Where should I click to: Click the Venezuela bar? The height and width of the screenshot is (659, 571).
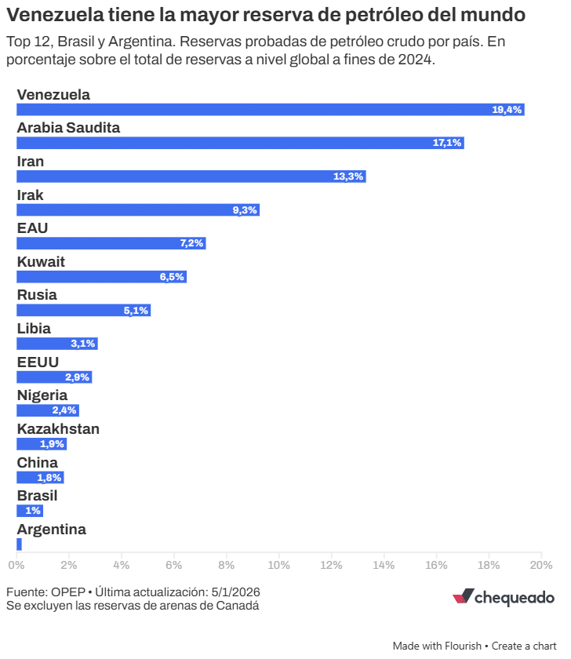271,110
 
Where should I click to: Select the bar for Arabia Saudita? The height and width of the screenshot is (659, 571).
240,143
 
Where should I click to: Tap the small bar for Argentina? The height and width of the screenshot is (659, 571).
19,544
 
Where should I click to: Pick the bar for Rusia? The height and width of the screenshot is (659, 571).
83,310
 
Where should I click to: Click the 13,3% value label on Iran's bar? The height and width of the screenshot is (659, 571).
348,177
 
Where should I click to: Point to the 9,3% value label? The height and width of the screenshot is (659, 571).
245,210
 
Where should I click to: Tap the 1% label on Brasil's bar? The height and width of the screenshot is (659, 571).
33,511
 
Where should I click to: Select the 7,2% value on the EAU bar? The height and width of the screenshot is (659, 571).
191,243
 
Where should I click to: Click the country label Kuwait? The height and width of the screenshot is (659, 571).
41,261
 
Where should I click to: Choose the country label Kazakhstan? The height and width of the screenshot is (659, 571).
58,428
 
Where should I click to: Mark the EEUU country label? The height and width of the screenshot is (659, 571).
38,362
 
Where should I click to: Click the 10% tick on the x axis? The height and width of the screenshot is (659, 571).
278,565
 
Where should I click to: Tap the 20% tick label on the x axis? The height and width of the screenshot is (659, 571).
541,565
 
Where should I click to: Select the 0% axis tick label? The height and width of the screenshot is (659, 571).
16,565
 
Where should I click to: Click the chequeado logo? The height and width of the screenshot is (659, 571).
504,598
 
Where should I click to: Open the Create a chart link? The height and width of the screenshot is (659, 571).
524,646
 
